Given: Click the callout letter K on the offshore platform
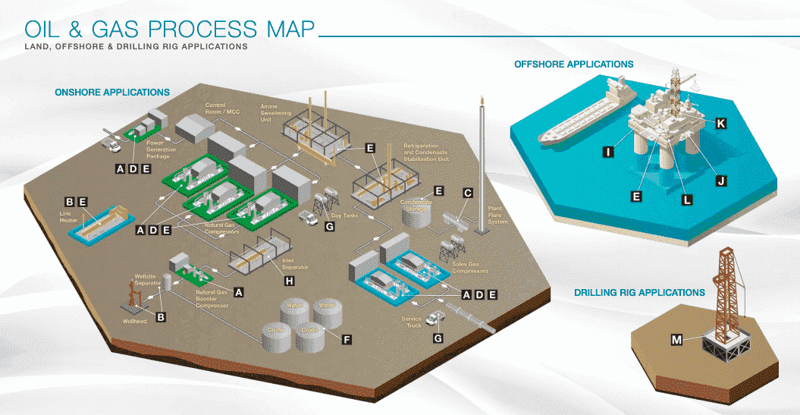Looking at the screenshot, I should pos(720,123).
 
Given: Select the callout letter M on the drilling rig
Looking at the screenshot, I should pos(676,340).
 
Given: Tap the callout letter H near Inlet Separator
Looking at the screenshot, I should pos(289,281).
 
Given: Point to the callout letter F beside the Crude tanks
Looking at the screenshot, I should pos(347,340).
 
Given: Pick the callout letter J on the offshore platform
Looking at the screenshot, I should pos(720,180).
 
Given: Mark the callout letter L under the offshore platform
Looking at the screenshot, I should pos(686,200).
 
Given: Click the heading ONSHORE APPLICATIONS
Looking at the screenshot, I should pos(112,93).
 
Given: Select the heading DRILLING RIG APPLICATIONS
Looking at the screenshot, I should pos(639,292).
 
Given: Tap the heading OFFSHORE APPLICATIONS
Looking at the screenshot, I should pos(574,64).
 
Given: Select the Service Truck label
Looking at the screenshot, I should pos(412,322).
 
